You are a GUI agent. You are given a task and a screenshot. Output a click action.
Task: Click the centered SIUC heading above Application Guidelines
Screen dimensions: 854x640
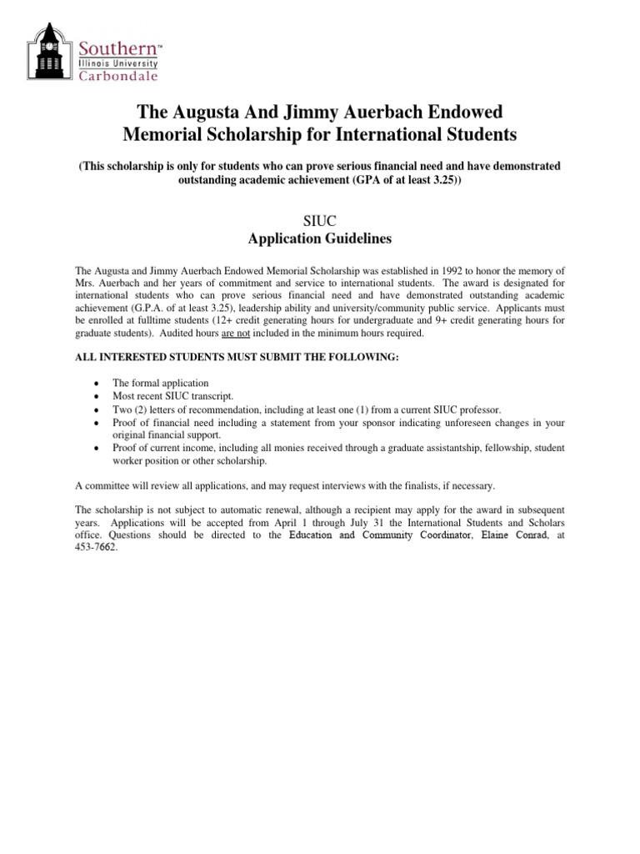pos(319,220)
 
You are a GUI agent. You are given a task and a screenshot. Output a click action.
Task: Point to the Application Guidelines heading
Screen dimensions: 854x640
pos(319,239)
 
